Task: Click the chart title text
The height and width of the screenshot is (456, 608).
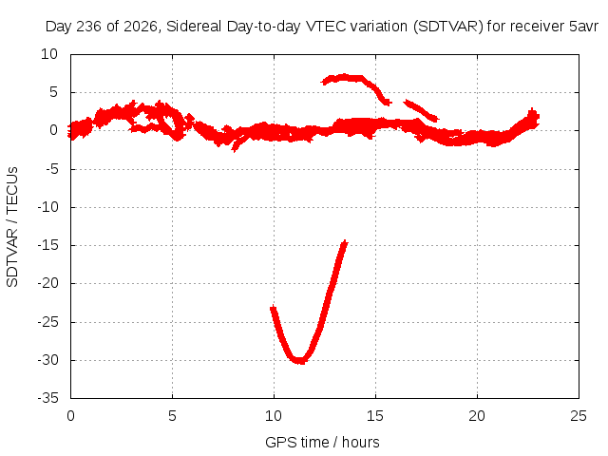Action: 321,27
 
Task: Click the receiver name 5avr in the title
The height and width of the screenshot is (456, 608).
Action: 583,27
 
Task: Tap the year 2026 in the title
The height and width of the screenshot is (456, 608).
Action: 141,27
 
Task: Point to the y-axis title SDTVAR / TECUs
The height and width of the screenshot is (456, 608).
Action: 12,227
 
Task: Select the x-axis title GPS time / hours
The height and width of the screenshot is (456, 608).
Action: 322,442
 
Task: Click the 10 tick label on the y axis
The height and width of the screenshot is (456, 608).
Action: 49,54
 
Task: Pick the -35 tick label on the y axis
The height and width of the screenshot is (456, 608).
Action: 48,398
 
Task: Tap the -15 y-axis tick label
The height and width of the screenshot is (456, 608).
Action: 48,245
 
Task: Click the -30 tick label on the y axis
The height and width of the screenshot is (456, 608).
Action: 48,360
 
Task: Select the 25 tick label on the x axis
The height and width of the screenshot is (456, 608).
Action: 579,416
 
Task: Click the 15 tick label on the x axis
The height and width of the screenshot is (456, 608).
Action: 375,416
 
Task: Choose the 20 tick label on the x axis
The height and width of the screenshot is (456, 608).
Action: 477,416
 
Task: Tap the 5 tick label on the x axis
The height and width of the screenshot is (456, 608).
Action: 172,416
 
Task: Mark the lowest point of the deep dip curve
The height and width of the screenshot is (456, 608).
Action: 300,361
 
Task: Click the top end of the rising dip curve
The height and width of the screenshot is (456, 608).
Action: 345,242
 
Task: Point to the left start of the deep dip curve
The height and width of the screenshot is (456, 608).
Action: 273,308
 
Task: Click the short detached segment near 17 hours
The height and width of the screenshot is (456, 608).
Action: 421,110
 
